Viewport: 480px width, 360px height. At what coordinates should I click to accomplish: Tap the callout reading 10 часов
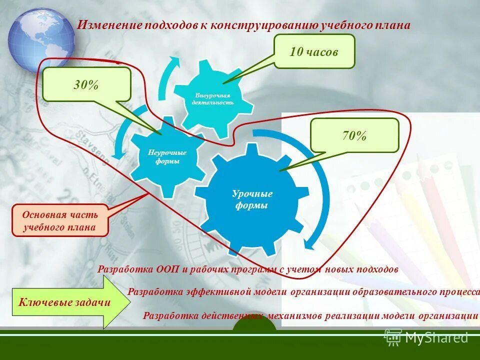click(x=314, y=51)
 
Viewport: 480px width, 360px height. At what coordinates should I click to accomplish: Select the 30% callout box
click(x=86, y=84)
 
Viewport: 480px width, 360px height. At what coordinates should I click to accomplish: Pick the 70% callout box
click(x=354, y=135)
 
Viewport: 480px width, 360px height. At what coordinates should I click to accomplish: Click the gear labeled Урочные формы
click(x=252, y=200)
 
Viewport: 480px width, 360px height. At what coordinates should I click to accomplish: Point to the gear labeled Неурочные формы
click(x=167, y=156)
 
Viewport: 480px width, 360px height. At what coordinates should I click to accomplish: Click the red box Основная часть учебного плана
click(x=60, y=220)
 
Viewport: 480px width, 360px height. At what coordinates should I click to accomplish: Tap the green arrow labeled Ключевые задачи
click(x=64, y=302)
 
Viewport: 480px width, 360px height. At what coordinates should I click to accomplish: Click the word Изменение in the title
click(x=108, y=25)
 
